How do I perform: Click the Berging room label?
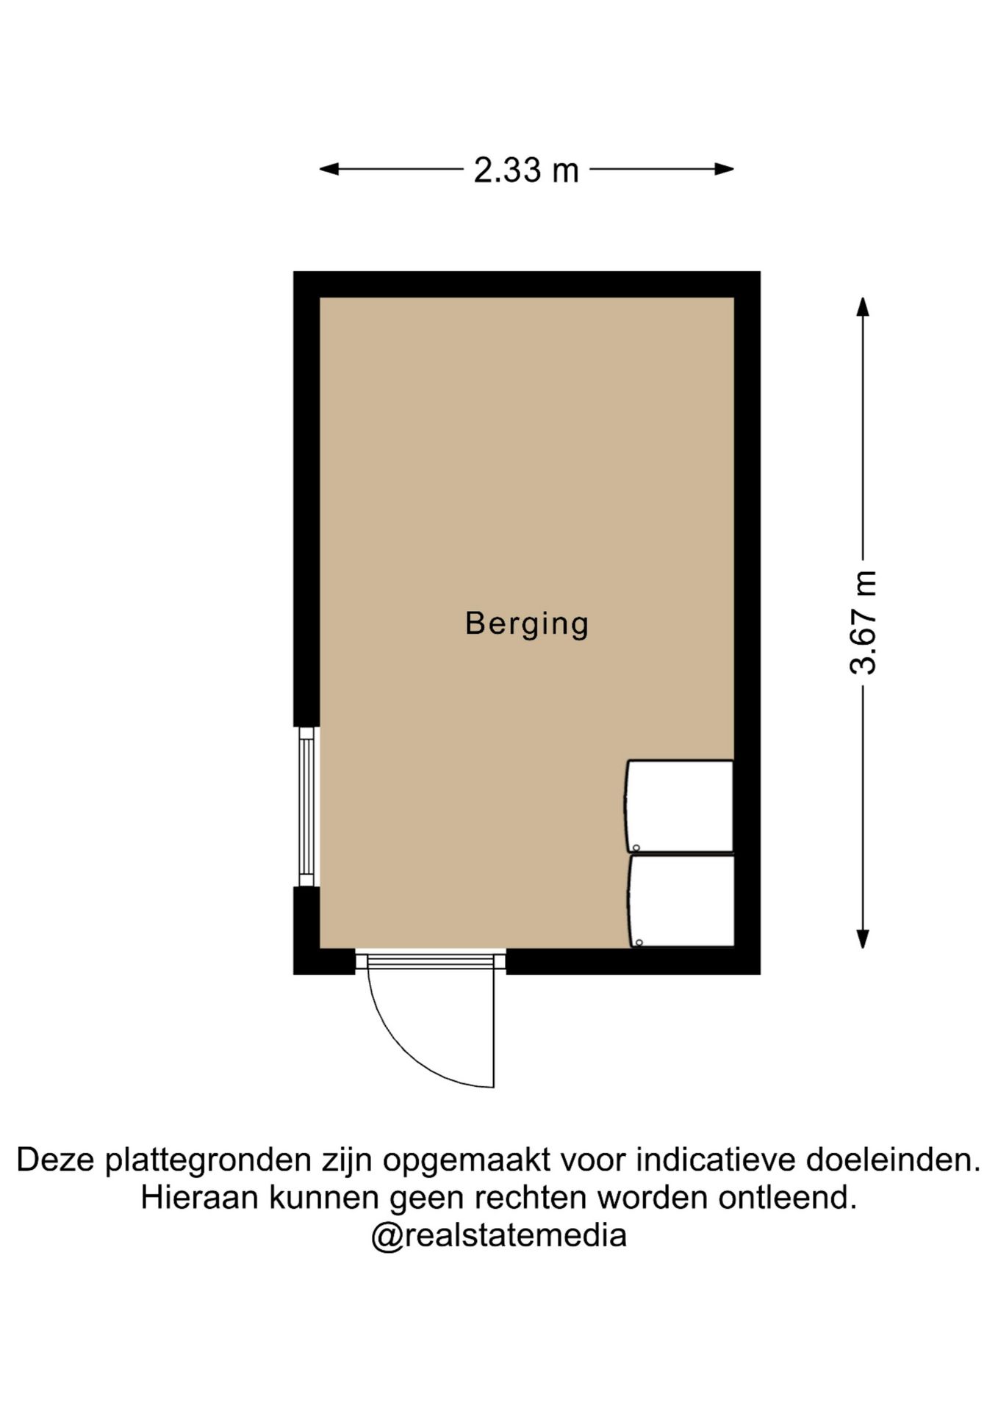(527, 624)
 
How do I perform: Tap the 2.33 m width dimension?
(526, 170)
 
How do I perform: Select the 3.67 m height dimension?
(864, 622)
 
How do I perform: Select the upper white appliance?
(680, 806)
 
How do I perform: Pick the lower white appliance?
(682, 901)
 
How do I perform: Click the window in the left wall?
(306, 806)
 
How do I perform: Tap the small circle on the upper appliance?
(636, 847)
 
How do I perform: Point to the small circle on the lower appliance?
(639, 942)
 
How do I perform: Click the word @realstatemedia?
(498, 1236)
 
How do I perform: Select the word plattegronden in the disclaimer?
(208, 1161)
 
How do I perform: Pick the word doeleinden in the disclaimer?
(893, 1161)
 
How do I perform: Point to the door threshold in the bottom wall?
(431, 961)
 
